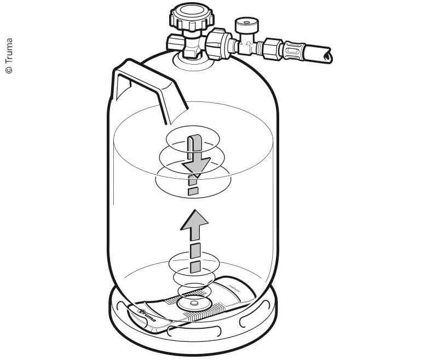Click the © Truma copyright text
click(8, 55)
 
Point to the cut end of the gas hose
click(327, 54)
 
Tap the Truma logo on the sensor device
click(147, 316)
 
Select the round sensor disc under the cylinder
click(194, 303)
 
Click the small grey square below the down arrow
click(192, 191)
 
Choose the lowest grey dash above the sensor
click(194, 267)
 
